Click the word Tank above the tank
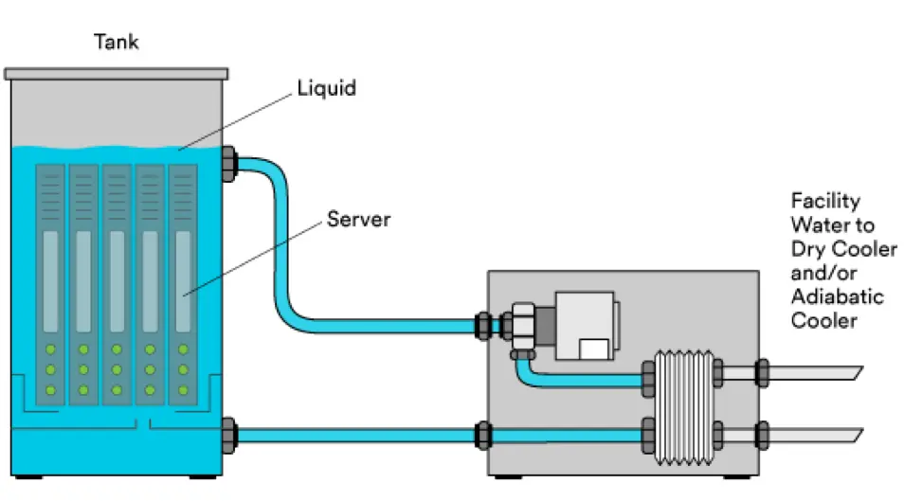(116, 42)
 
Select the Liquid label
(326, 88)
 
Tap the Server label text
(358, 219)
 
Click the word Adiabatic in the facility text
(837, 296)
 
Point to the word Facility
(825, 201)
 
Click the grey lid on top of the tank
(116, 74)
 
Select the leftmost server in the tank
(50, 285)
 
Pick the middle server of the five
(118, 285)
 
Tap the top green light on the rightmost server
(183, 349)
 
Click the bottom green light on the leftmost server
(50, 390)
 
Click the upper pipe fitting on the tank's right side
(229, 164)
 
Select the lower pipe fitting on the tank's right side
(229, 436)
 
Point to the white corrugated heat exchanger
(684, 407)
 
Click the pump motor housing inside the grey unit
(587, 326)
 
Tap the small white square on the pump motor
(594, 349)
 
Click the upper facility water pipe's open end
(858, 373)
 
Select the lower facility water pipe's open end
(858, 436)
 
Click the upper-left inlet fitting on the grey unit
(483, 327)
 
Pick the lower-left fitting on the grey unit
(483, 436)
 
